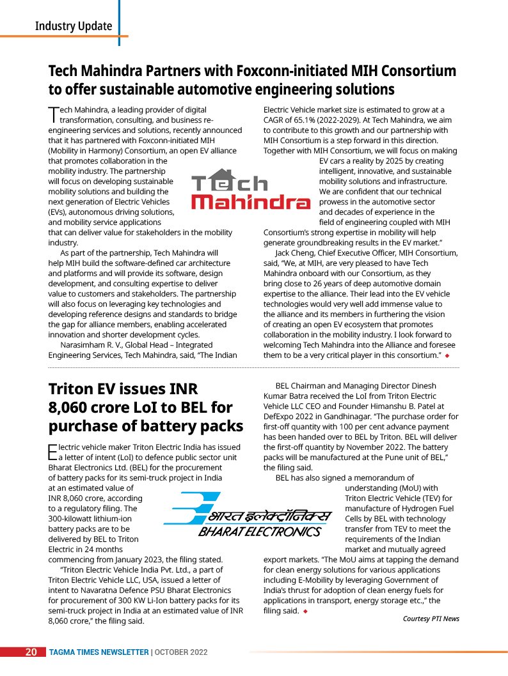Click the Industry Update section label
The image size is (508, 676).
pyautogui.click(x=74, y=26)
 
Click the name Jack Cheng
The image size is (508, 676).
pyautogui.click(x=296, y=253)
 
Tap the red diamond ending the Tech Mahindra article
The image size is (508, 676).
pyautogui.click(x=448, y=355)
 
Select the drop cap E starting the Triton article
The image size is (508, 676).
pyautogui.click(x=52, y=452)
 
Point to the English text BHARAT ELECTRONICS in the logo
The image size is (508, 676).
pyautogui.click(x=258, y=532)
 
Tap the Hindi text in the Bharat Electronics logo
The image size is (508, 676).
pyautogui.click(x=269, y=515)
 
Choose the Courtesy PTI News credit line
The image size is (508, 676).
pyautogui.click(x=431, y=618)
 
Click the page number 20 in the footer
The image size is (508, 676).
pyautogui.click(x=30, y=652)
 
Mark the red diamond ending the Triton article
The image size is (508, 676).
pyautogui.click(x=305, y=611)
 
